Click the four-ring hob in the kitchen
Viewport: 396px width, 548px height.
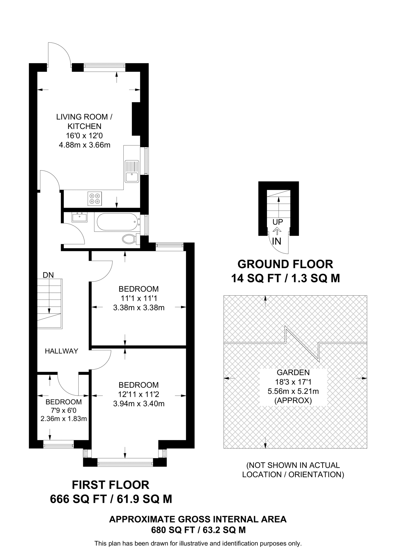[95, 199]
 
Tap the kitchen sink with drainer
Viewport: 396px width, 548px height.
[131, 171]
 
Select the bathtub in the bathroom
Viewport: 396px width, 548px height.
[117, 222]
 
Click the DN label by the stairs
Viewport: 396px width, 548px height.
[48, 275]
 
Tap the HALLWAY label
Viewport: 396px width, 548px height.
[61, 351]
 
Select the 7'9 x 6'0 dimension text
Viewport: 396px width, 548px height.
[63, 410]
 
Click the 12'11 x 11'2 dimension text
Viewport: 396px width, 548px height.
[139, 394]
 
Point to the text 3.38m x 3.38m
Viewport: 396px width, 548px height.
[139, 308]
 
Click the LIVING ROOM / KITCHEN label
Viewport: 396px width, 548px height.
[84, 121]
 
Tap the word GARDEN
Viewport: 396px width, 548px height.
[293, 372]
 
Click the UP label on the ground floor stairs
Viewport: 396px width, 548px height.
[278, 222]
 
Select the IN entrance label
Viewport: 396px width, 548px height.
[276, 241]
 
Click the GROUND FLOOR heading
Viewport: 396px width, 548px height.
[285, 264]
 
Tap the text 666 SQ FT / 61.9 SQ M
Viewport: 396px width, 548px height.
[111, 499]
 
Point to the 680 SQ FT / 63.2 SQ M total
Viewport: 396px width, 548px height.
[198, 530]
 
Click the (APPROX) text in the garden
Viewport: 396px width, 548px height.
[293, 401]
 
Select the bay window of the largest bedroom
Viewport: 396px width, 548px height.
[125, 462]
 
